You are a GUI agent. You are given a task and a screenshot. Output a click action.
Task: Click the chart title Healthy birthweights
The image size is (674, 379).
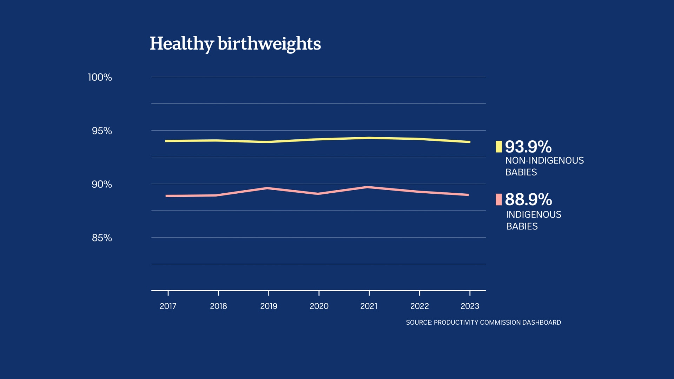click(x=235, y=44)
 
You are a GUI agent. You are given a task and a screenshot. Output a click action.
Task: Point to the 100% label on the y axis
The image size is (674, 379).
click(x=100, y=77)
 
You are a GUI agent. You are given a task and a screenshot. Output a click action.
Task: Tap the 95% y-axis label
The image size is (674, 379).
click(x=102, y=131)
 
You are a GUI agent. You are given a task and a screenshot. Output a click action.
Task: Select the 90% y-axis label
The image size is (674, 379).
click(x=102, y=184)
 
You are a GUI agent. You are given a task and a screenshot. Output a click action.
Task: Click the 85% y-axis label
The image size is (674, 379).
click(x=102, y=238)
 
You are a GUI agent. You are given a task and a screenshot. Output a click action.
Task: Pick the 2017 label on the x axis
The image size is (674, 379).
click(x=168, y=306)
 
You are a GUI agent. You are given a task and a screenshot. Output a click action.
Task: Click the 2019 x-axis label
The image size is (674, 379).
click(x=269, y=306)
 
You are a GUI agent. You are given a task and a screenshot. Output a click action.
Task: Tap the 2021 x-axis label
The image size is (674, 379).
click(x=369, y=306)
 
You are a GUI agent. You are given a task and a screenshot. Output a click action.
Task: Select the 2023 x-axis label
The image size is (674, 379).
click(x=470, y=306)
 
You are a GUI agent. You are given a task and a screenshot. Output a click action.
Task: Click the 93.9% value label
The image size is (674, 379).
click(x=528, y=147)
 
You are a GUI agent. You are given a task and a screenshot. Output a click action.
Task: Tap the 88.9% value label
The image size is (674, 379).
click(x=528, y=199)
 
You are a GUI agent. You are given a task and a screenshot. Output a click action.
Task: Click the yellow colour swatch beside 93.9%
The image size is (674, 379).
click(x=498, y=147)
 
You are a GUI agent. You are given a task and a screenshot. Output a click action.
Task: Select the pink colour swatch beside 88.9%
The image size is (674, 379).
click(x=498, y=199)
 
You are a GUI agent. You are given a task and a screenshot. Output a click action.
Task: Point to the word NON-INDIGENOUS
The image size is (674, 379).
click(x=544, y=160)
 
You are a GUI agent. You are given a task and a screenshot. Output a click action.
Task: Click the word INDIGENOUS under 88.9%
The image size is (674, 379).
click(x=534, y=214)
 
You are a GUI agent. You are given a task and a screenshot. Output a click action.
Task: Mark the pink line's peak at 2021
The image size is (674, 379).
click(x=368, y=187)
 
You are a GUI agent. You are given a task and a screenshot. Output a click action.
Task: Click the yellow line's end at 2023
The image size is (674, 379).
click(x=469, y=142)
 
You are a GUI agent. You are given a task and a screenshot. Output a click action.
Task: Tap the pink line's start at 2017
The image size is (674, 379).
click(x=167, y=196)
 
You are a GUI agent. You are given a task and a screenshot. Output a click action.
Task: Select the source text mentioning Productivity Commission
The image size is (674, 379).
click(x=483, y=322)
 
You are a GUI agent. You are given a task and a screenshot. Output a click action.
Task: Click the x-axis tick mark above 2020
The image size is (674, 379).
click(x=319, y=293)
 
